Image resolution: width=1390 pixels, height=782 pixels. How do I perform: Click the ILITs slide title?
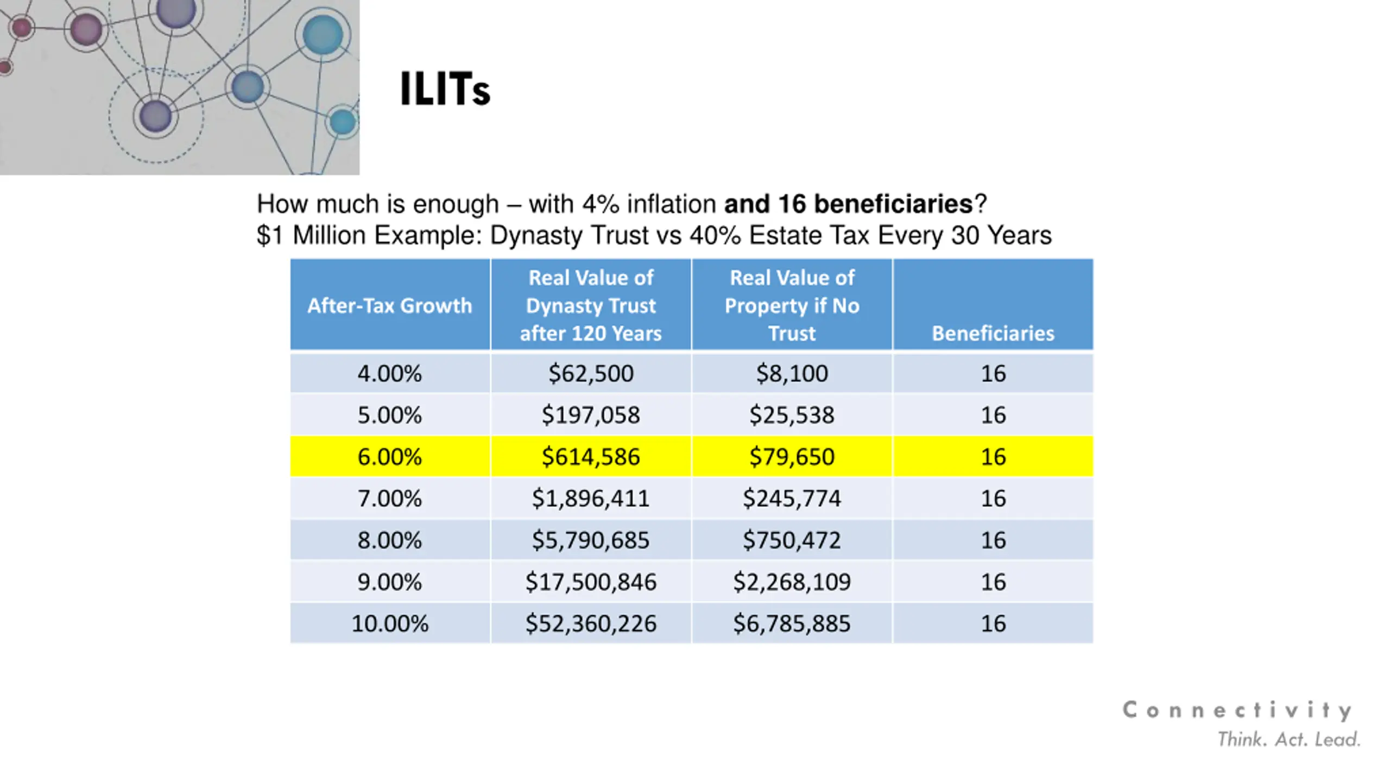pyautogui.click(x=445, y=89)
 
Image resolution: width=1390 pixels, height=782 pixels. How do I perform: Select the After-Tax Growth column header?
pyautogui.click(x=390, y=306)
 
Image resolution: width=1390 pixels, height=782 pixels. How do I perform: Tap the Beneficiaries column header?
pyautogui.click(x=993, y=333)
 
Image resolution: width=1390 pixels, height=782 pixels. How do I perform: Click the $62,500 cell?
pyautogui.click(x=591, y=374)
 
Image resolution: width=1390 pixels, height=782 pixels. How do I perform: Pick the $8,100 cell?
pyautogui.click(x=792, y=374)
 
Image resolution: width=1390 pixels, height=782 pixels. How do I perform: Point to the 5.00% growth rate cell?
pyautogui.click(x=390, y=415)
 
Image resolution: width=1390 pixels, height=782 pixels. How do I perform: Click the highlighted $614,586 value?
pyautogui.click(x=591, y=457)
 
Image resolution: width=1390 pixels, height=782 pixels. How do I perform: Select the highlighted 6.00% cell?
pyautogui.click(x=390, y=457)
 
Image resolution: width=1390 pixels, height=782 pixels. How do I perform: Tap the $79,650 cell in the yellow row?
pyautogui.click(x=792, y=457)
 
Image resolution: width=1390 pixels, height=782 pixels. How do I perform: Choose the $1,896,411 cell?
pyautogui.click(x=591, y=499)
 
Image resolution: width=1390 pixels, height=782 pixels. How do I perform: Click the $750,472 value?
pyautogui.click(x=792, y=540)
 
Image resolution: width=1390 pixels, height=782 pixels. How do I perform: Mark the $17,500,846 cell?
pyautogui.click(x=591, y=582)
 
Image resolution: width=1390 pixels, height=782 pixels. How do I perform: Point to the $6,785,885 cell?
pyautogui.click(x=792, y=623)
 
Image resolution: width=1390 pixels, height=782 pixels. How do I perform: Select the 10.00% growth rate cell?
pyautogui.click(x=390, y=623)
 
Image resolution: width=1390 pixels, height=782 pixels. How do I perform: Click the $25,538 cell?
pyautogui.click(x=792, y=415)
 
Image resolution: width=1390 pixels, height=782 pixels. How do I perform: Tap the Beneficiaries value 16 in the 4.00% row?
pyautogui.click(x=993, y=374)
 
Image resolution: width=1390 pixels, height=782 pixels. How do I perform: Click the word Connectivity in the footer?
pyautogui.click(x=1237, y=710)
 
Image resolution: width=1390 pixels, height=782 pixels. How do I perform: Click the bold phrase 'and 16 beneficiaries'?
pyautogui.click(x=849, y=204)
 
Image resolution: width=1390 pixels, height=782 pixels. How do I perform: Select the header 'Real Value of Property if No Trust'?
pyautogui.click(x=792, y=306)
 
